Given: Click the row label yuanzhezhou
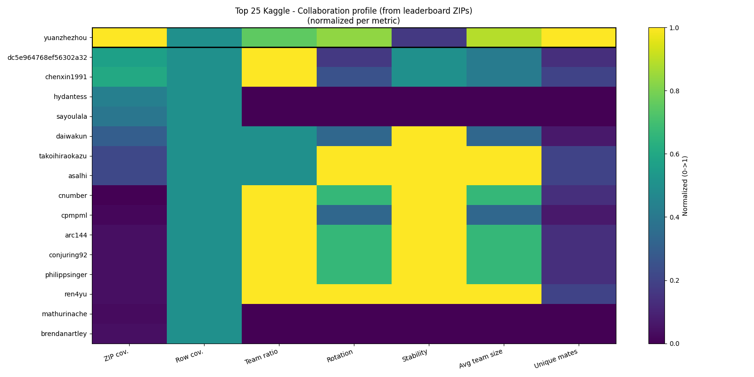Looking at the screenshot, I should [x=65, y=38].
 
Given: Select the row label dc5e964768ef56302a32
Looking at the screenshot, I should [x=47, y=57].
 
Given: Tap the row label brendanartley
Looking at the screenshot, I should [x=64, y=334].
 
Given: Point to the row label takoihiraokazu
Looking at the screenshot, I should [x=63, y=156].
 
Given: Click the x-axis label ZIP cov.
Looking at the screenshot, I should [x=116, y=356].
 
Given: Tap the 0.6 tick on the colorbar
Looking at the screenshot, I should [x=674, y=154].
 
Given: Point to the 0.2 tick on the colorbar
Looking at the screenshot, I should [x=674, y=280].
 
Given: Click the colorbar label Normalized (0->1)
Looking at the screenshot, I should [x=685, y=186].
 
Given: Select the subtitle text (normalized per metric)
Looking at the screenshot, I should [x=353, y=21].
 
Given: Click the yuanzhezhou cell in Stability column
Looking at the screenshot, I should [x=429, y=38].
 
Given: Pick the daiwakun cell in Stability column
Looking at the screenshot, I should [x=429, y=136].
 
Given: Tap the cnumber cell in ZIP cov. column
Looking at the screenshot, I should [x=130, y=196].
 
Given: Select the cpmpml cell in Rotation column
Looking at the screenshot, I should [x=354, y=215].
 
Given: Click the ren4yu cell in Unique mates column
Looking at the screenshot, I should [x=578, y=294].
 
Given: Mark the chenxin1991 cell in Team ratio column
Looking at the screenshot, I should [x=279, y=77].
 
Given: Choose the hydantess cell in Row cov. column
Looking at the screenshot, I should [x=204, y=97].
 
